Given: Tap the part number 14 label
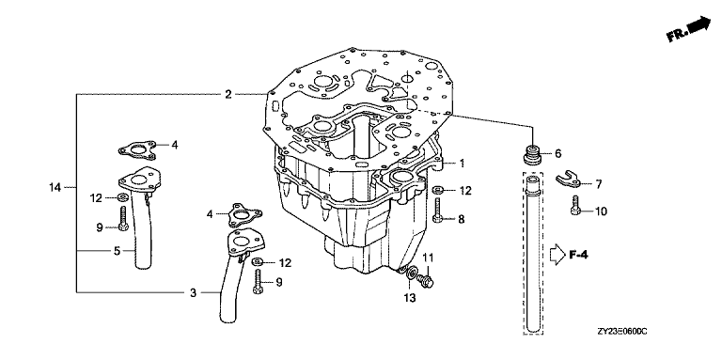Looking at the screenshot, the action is [x=55, y=187].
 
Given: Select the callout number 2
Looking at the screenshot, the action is [x=228, y=94].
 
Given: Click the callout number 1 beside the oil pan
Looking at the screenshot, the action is [x=462, y=163].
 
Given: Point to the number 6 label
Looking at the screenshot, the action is [x=557, y=154].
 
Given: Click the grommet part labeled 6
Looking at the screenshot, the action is [x=533, y=155].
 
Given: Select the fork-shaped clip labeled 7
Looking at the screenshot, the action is [x=566, y=180].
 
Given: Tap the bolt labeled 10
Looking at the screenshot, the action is [x=574, y=205].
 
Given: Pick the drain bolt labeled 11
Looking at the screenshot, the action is [x=425, y=280].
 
